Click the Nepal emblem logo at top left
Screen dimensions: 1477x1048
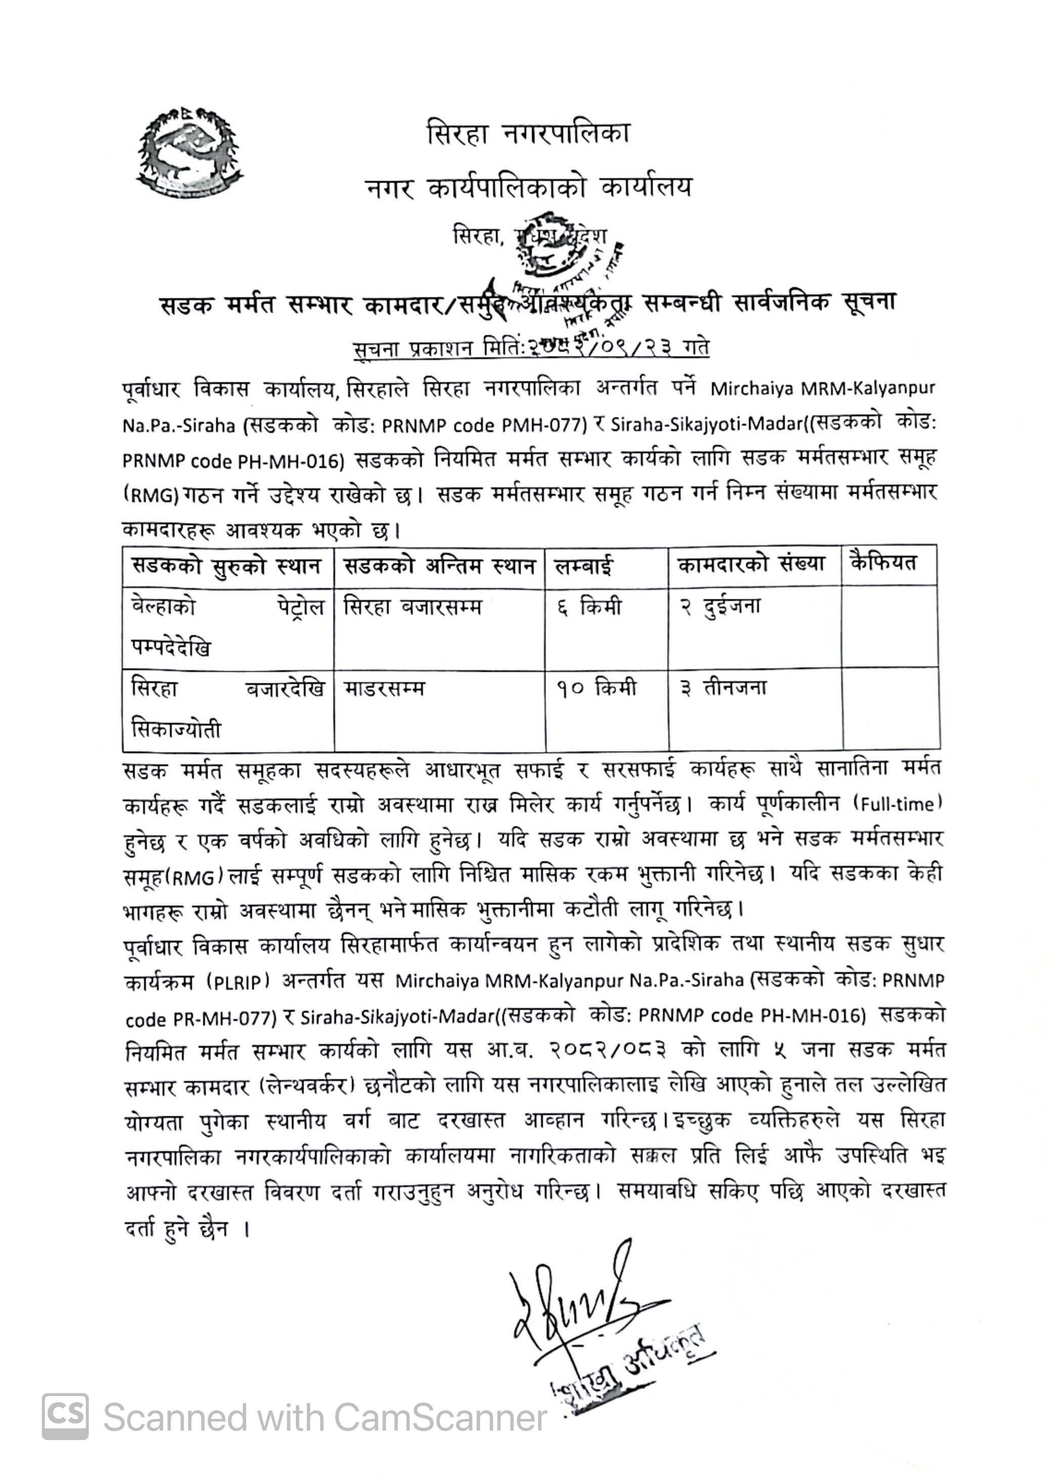189,152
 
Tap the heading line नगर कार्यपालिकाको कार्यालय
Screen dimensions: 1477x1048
528,188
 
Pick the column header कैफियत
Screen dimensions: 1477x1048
884,563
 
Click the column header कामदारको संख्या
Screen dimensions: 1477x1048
751,564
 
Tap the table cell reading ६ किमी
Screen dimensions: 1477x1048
589,607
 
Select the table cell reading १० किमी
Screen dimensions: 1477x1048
596,688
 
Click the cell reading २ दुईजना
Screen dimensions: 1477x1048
720,606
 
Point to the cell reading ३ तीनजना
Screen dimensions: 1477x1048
723,688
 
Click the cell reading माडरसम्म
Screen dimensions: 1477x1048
384,688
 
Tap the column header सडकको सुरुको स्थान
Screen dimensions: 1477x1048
227,566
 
